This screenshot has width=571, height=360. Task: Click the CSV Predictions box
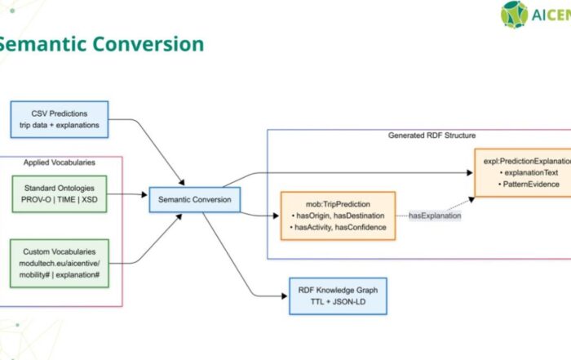click(x=59, y=119)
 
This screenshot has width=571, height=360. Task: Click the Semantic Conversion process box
click(x=193, y=198)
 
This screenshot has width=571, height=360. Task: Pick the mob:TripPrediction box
click(x=337, y=216)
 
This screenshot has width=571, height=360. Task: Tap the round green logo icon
click(x=515, y=15)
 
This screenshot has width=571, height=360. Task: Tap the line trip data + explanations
click(x=59, y=126)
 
